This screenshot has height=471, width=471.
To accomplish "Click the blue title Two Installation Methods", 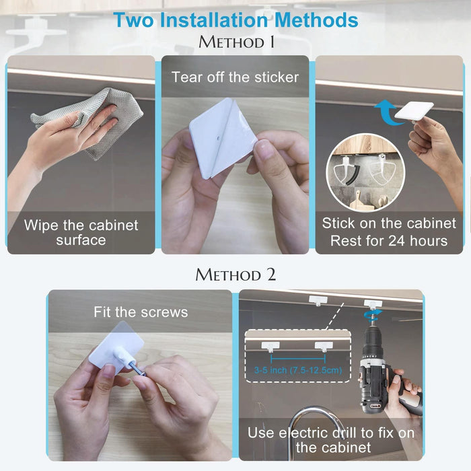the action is (x=235, y=20).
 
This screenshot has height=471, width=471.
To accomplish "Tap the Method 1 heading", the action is (x=236, y=42).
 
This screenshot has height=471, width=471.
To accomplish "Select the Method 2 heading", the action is (x=235, y=275).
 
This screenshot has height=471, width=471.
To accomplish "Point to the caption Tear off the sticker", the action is (x=235, y=77).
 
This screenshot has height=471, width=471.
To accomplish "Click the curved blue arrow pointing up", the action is (x=387, y=112).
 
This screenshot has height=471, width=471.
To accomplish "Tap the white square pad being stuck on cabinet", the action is (x=414, y=110).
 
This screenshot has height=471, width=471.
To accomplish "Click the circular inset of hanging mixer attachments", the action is (x=365, y=173).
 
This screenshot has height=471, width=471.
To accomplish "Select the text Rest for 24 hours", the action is (x=389, y=241).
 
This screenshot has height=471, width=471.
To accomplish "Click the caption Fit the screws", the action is (x=141, y=312).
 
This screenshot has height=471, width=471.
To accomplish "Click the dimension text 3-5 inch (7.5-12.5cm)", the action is (x=298, y=370).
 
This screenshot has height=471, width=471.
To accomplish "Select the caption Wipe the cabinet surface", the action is (x=81, y=233).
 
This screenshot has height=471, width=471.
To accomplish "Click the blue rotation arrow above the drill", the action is (x=373, y=314).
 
